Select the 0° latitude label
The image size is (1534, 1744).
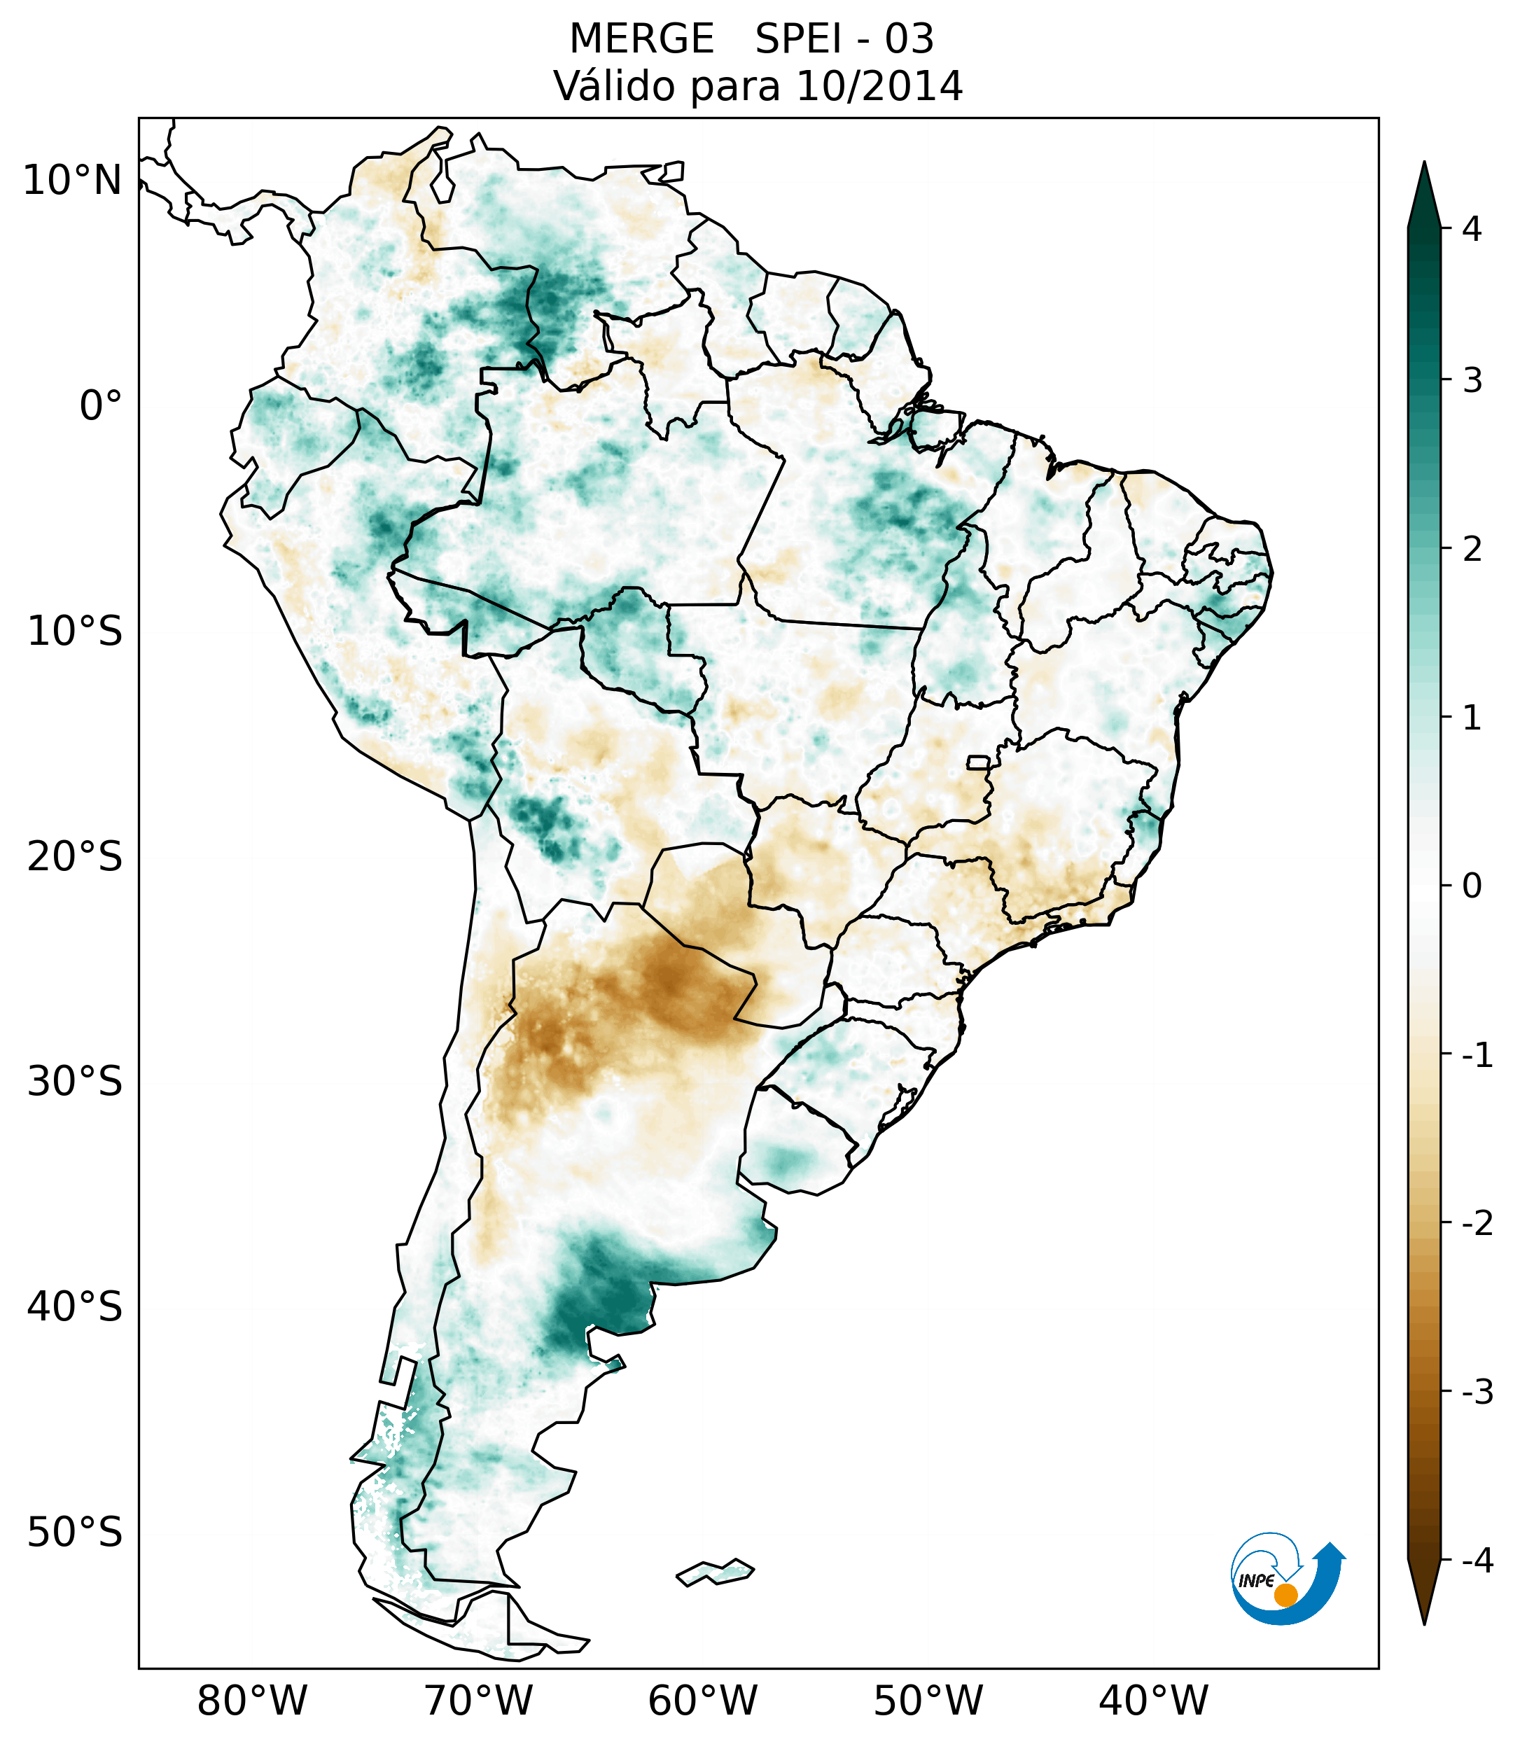(101, 406)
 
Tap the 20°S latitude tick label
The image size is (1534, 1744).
(75, 857)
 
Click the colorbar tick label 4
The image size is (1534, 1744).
(1472, 229)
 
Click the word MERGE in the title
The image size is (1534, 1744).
(641, 39)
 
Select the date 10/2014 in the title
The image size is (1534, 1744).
(879, 86)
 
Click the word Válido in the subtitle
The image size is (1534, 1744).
(614, 86)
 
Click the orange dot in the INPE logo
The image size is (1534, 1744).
(1285, 1595)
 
